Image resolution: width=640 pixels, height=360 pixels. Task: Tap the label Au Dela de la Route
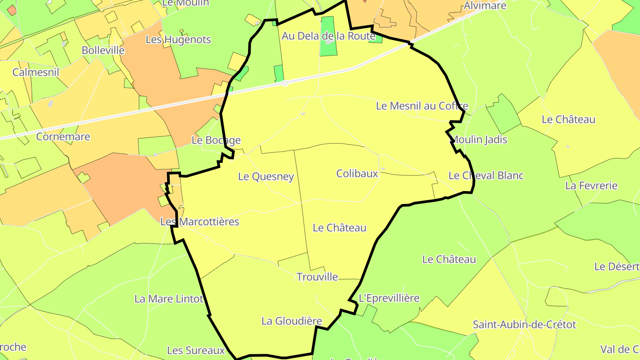pyautogui.click(x=328, y=36)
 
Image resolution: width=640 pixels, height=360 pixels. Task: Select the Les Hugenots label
pyautogui.click(x=178, y=40)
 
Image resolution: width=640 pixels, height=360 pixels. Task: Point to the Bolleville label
pyautogui.click(x=103, y=50)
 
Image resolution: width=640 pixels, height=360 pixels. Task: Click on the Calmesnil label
pyautogui.click(x=36, y=72)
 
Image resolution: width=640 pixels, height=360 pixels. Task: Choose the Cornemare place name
pyautogui.click(x=63, y=136)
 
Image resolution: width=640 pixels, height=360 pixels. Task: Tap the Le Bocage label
pyautogui.click(x=216, y=140)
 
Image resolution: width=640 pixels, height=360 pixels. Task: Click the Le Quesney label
pyautogui.click(x=266, y=176)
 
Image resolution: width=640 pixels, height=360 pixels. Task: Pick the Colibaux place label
pyautogui.click(x=357, y=173)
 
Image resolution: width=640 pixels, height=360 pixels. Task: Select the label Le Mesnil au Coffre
pyautogui.click(x=422, y=106)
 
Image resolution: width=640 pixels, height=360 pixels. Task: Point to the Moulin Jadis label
pyautogui.click(x=479, y=140)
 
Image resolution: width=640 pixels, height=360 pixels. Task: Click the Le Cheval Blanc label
pyautogui.click(x=486, y=176)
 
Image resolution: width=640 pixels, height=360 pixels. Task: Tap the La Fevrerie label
pyautogui.click(x=591, y=185)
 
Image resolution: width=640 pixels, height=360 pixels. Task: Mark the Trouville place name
pyautogui.click(x=317, y=277)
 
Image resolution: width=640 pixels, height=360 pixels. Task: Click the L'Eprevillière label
pyautogui.click(x=389, y=298)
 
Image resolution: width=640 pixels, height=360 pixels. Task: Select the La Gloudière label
pyautogui.click(x=292, y=321)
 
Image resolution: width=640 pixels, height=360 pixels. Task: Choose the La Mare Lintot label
pyautogui.click(x=169, y=299)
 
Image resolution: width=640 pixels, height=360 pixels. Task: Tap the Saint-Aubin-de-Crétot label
pyautogui.click(x=524, y=324)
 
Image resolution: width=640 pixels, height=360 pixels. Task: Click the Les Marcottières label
pyautogui.click(x=200, y=221)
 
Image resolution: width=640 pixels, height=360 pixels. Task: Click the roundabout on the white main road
pyautogui.click(x=285, y=83)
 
